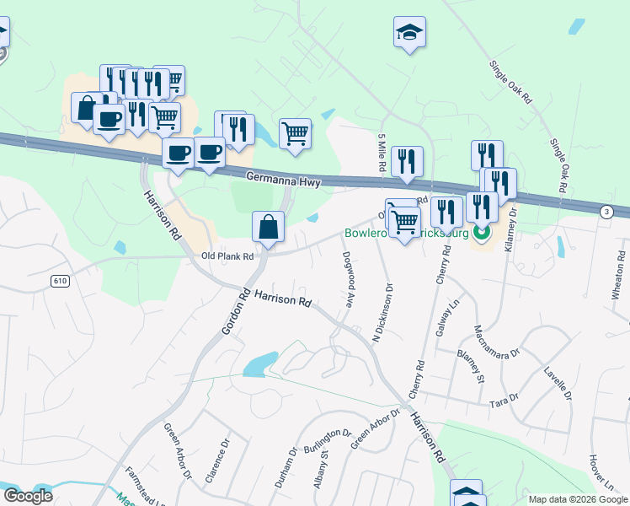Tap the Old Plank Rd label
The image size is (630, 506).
pyautogui.click(x=227, y=256)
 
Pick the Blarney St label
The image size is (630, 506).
pyautogui.click(x=471, y=363)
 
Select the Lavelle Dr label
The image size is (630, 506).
pyautogui.click(x=558, y=381)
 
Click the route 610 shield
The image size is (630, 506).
pyautogui.click(x=59, y=281)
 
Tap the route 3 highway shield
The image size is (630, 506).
pyautogui.click(x=606, y=212)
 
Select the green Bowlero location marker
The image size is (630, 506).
pyautogui.click(x=482, y=230)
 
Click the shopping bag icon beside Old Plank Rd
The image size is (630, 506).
pyautogui.click(x=268, y=227)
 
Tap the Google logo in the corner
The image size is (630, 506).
pyautogui.click(x=29, y=496)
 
